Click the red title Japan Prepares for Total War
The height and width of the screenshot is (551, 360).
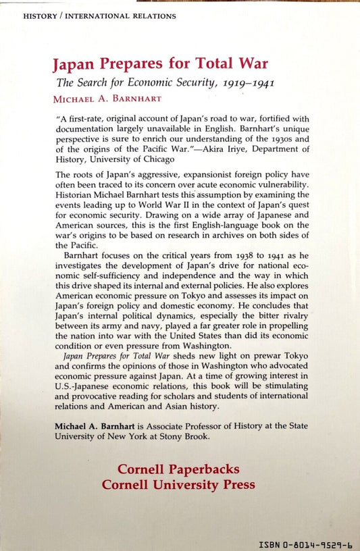(x=160, y=65)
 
